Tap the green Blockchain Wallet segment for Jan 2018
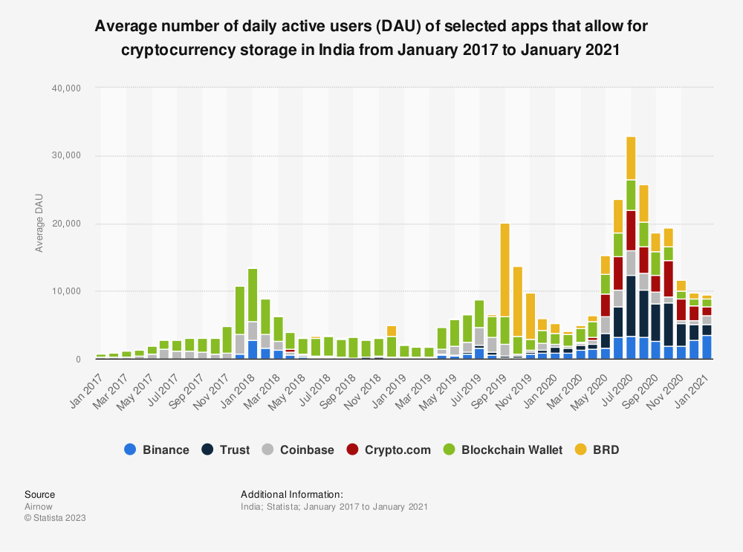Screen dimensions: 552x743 coord(253,295)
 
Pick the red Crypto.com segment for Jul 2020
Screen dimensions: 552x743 coord(631,230)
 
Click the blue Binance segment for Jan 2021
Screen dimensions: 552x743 coord(707,347)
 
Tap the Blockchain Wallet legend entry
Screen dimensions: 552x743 coord(502,449)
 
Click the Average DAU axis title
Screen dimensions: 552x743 coord(39,224)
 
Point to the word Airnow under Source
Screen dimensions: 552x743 coord(39,507)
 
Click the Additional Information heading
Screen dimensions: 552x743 coord(291,494)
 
